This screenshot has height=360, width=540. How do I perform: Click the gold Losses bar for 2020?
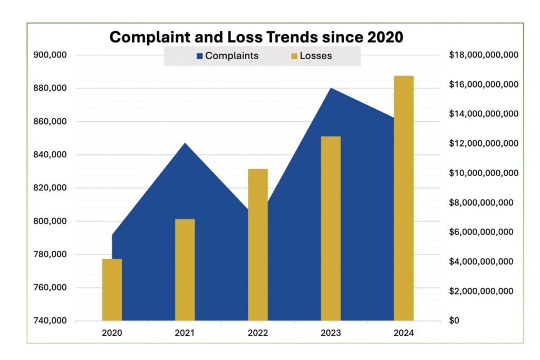[112, 289]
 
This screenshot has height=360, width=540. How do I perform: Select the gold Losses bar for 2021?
[185, 269]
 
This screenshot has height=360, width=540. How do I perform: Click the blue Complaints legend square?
[199, 56]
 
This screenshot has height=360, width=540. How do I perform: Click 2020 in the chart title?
[385, 37]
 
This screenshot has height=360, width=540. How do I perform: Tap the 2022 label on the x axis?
[258, 333]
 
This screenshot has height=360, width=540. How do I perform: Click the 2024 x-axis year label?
[404, 333]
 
